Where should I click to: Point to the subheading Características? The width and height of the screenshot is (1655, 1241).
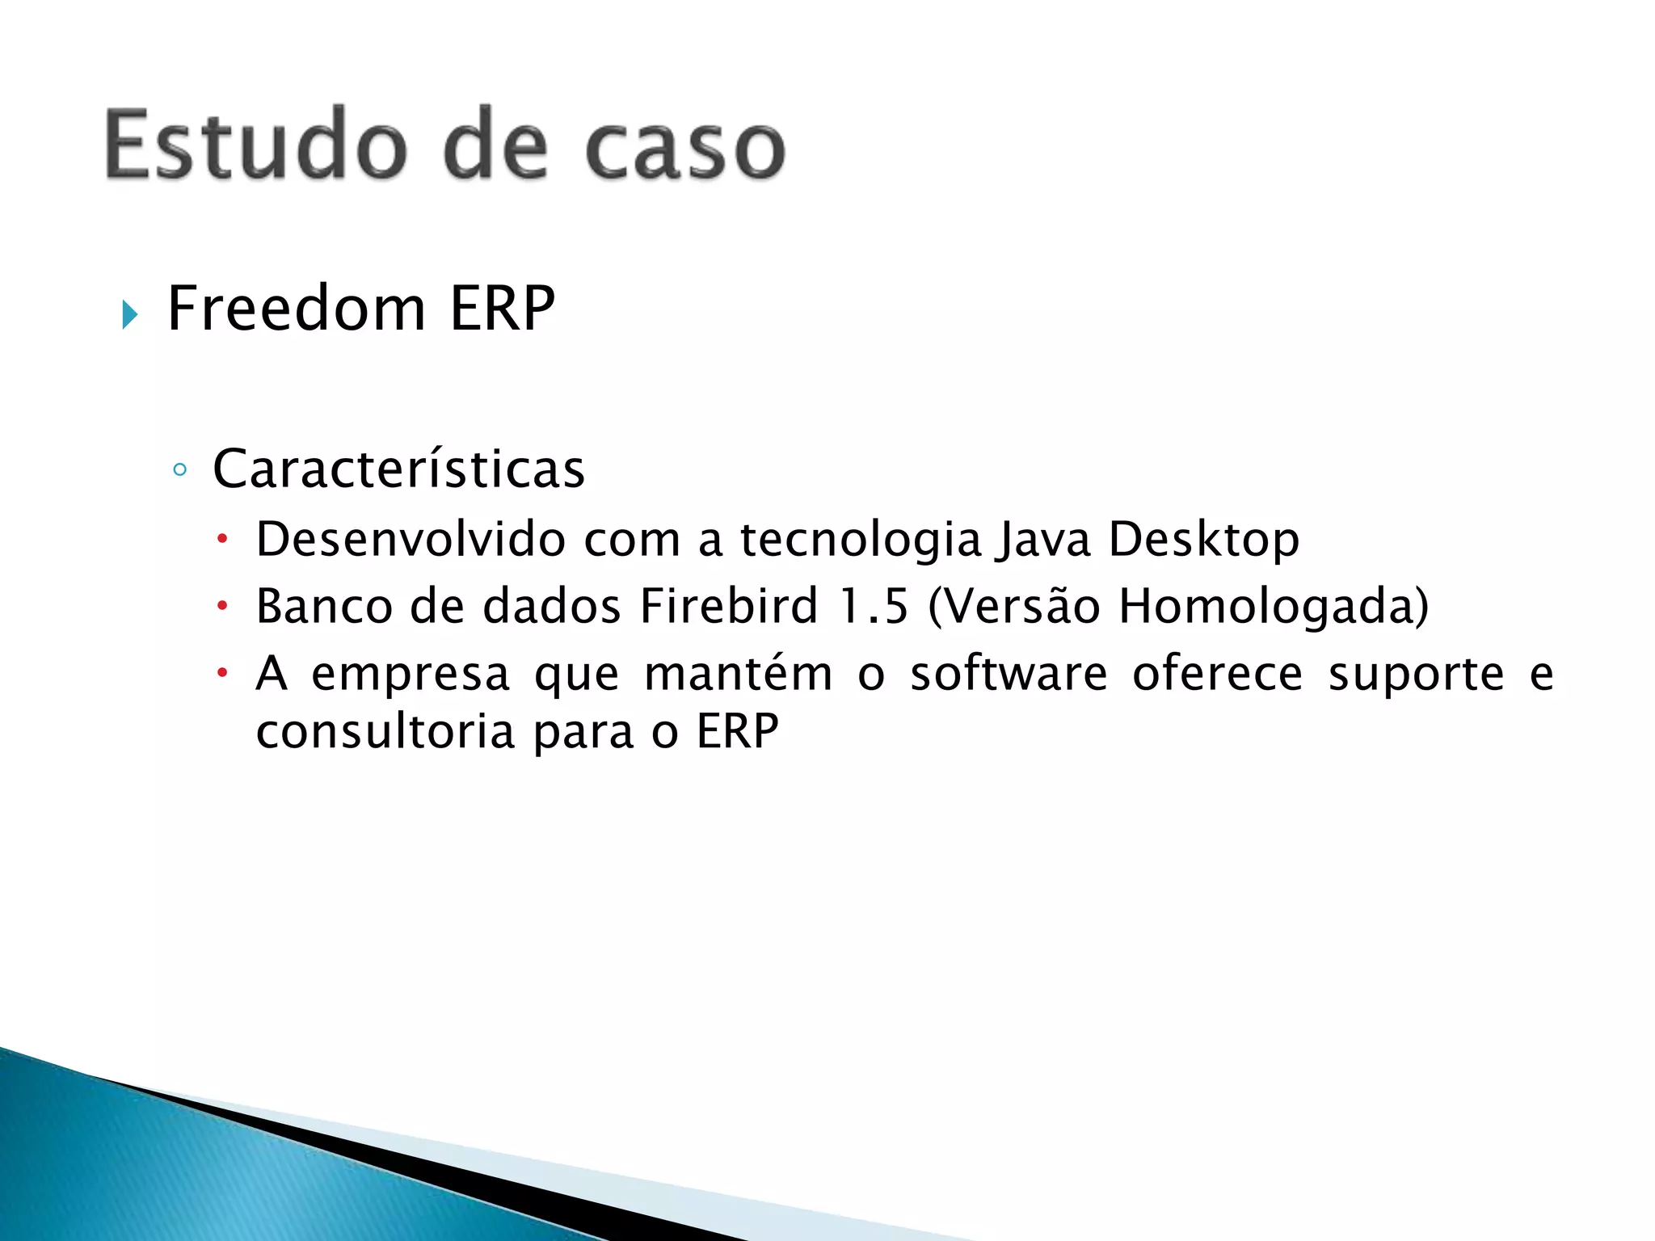(x=398, y=469)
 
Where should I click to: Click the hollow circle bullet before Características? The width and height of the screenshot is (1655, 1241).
(x=180, y=469)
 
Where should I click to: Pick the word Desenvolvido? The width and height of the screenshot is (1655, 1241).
(x=411, y=539)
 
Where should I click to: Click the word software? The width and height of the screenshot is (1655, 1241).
(x=1009, y=674)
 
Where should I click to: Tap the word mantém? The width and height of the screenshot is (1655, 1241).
(x=738, y=674)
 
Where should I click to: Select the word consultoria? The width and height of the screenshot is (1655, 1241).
(x=385, y=732)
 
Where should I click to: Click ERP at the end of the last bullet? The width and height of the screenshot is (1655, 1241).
(x=737, y=732)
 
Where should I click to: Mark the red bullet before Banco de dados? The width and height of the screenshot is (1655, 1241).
(x=223, y=605)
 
